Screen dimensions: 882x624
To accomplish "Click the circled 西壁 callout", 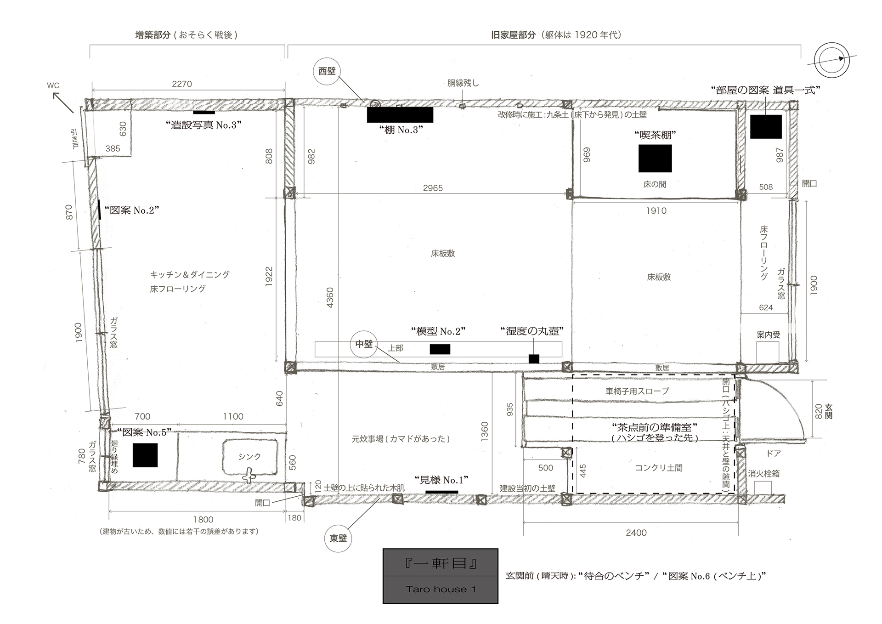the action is [327, 72].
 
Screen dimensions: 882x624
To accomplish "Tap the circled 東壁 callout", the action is [339, 539].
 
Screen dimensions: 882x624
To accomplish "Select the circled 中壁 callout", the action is [364, 344].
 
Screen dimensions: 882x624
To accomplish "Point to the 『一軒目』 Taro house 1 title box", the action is [441, 576].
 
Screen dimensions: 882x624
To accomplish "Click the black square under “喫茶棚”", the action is [655, 159].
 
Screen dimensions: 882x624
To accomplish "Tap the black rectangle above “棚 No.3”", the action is [400, 115].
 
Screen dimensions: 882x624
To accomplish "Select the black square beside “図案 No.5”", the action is [145, 455].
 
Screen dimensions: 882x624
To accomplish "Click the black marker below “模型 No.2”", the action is [440, 349].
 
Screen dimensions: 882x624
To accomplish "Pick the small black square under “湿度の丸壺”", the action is [534, 359].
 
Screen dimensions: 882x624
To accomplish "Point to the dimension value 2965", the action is [433, 188].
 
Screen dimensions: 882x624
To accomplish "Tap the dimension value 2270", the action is [182, 84].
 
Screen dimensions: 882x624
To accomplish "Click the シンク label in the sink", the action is [249, 456].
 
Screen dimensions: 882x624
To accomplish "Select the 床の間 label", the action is [655, 184].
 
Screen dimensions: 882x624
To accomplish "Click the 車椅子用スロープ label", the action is [637, 391].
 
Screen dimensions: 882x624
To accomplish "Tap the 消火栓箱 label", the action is [763, 474].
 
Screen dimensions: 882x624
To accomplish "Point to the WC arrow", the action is [63, 102].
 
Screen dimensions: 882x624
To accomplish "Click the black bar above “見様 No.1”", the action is [442, 492].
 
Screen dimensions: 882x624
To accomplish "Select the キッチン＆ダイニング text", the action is [190, 275].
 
